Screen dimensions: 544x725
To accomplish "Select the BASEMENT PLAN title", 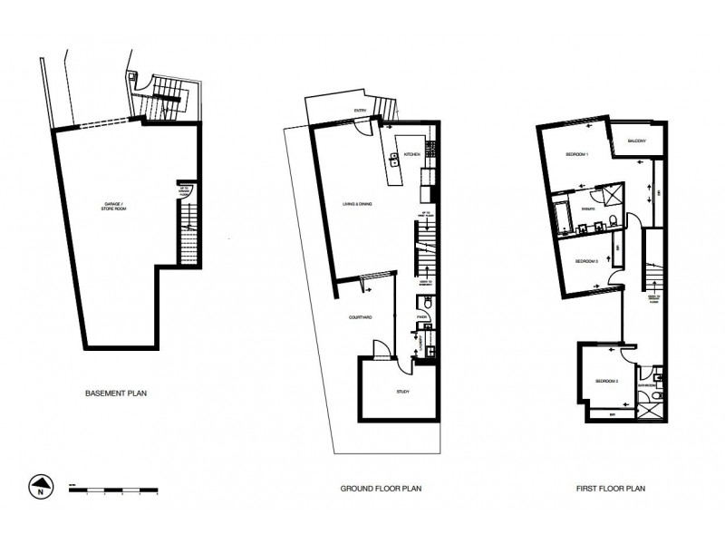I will click(116, 393).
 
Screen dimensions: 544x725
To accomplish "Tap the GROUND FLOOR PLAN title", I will click(381, 488).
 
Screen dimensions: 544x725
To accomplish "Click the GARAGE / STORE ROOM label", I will click(115, 209).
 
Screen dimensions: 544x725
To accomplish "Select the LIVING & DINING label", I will click(358, 204).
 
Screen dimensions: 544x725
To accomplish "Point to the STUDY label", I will click(403, 392).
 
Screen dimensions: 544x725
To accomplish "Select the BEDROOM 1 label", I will click(577, 155).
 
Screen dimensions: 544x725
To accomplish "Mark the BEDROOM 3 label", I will click(588, 261).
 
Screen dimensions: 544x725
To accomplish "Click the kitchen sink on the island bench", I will click(394, 160).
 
